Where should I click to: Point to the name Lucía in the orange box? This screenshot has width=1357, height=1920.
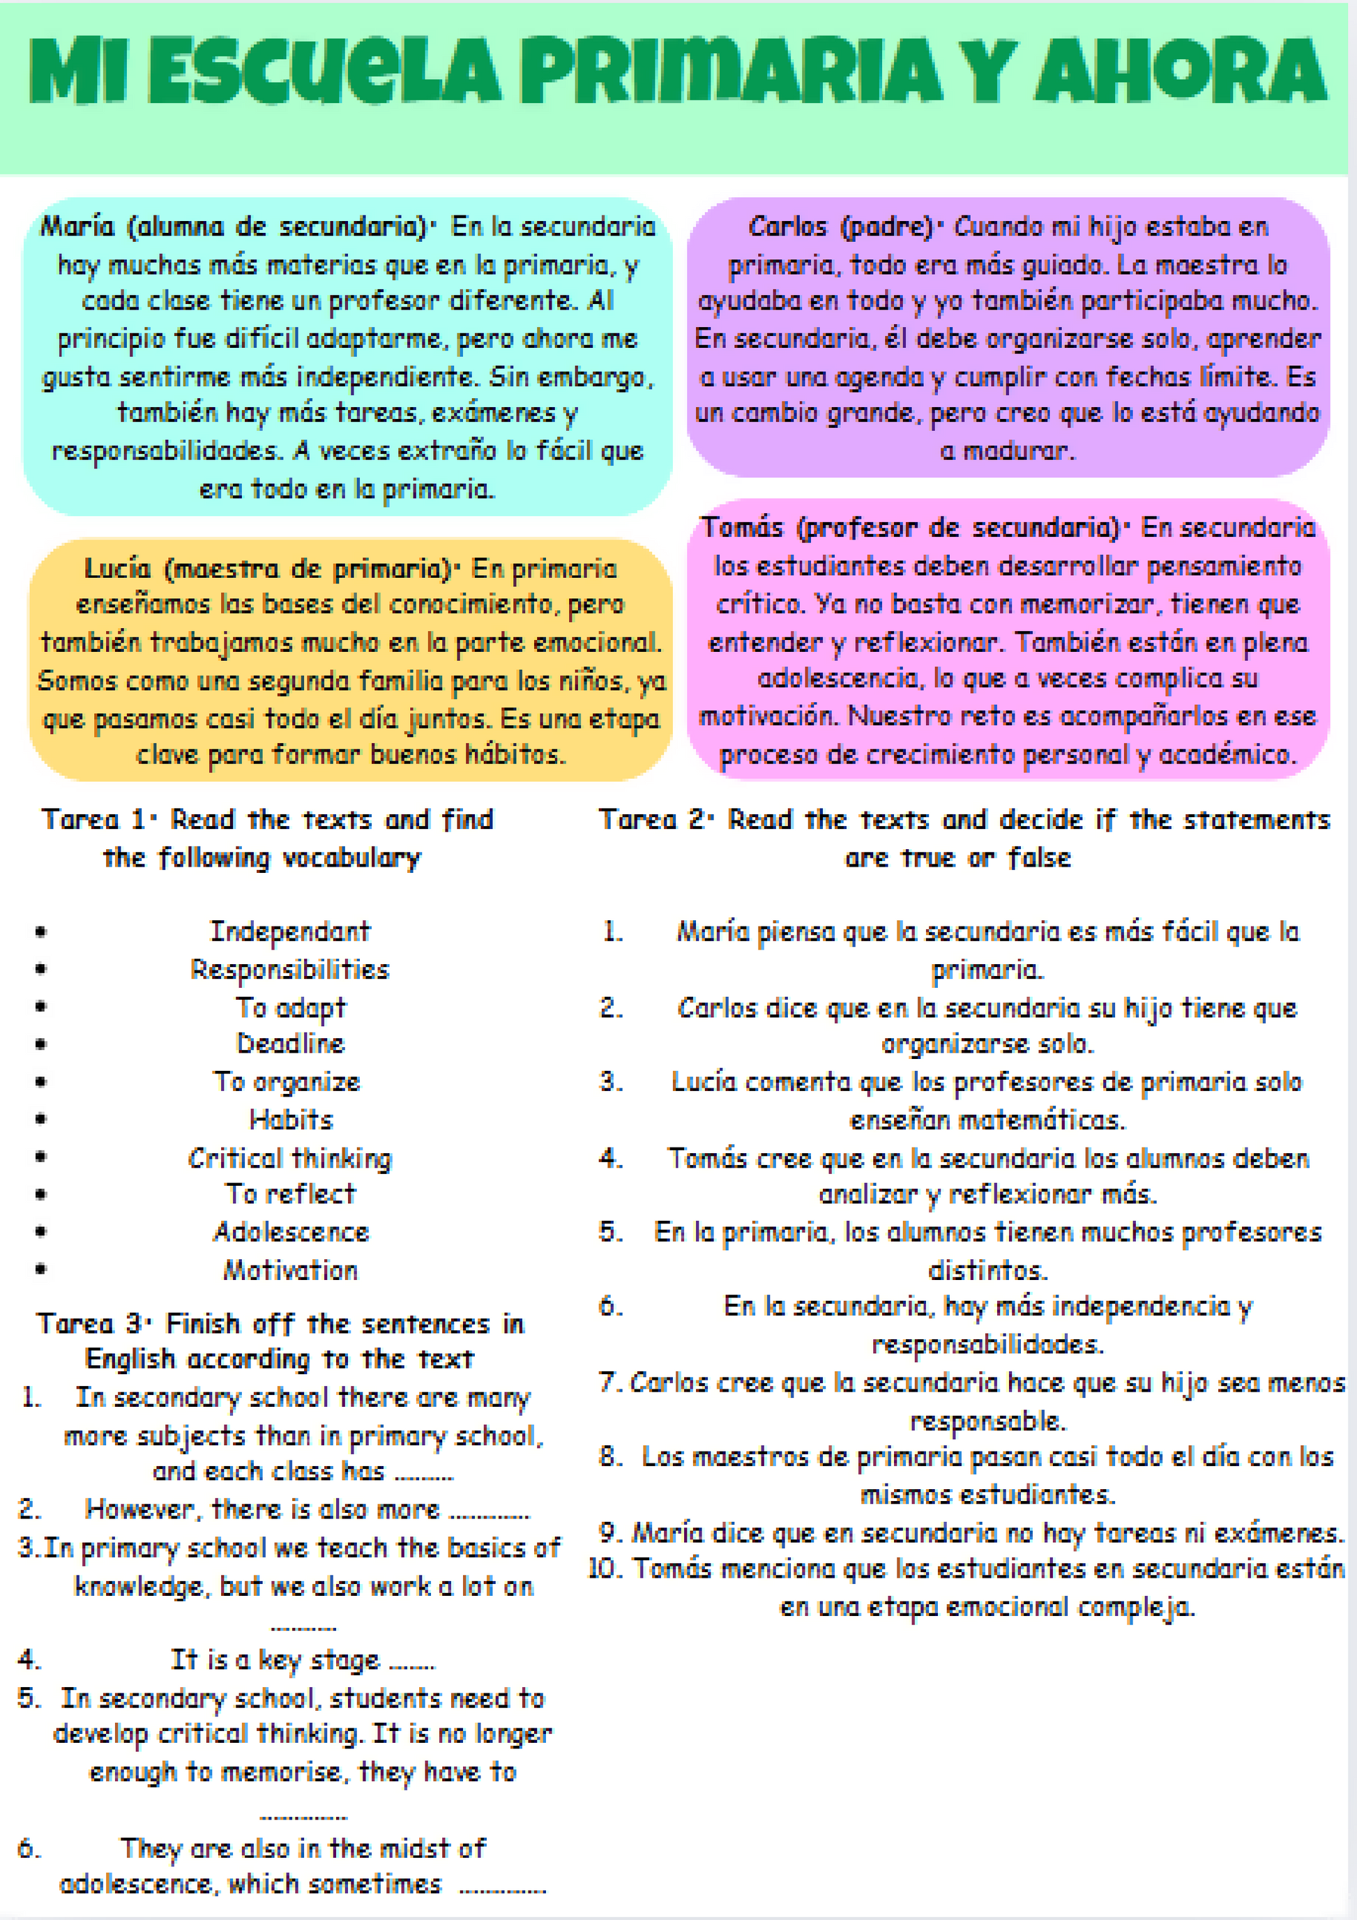[118, 569]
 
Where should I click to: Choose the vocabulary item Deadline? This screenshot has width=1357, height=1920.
[290, 1044]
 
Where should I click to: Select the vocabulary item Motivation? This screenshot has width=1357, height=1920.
[290, 1270]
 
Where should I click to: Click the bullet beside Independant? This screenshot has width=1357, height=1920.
[41, 931]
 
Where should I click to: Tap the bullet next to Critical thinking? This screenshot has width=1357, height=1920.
[41, 1157]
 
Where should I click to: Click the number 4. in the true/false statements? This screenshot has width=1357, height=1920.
[611, 1157]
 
